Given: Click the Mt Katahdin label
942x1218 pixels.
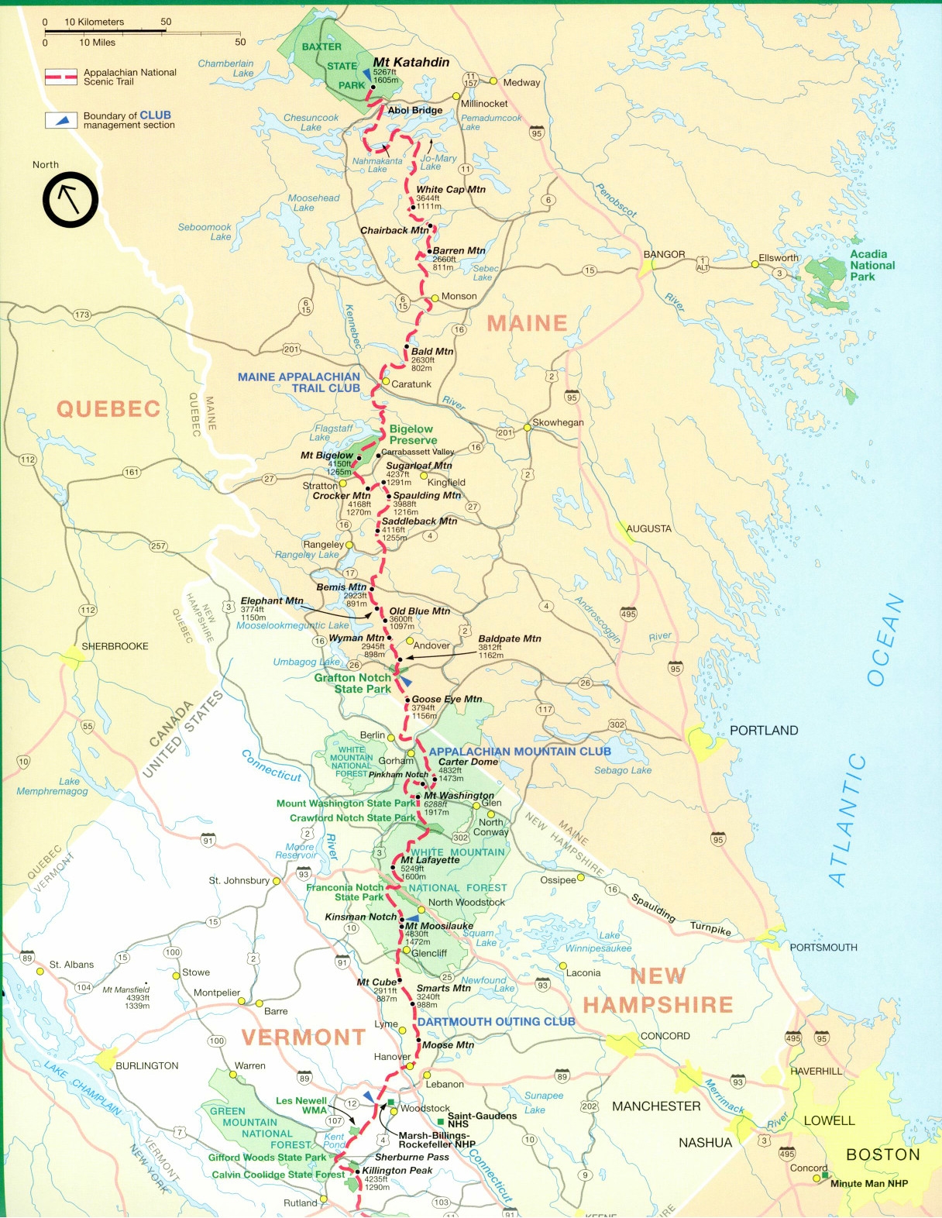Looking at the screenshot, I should pyautogui.click(x=411, y=63).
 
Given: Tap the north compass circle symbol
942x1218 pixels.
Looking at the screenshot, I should pyautogui.click(x=70, y=200).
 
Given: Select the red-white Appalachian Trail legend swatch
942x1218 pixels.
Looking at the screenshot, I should pyautogui.click(x=60, y=77).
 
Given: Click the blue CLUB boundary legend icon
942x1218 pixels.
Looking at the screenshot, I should pyautogui.click(x=60, y=120).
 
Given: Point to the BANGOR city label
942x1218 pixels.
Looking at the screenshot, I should pyautogui.click(x=664, y=254).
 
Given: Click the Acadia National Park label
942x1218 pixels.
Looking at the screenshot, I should pyautogui.click(x=872, y=265).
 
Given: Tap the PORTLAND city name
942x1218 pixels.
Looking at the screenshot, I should pyautogui.click(x=763, y=731).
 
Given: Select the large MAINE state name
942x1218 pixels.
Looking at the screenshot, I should pyautogui.click(x=527, y=323).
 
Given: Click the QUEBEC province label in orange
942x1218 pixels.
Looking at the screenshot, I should pyautogui.click(x=108, y=409).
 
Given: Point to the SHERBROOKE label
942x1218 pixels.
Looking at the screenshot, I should pyautogui.click(x=115, y=646).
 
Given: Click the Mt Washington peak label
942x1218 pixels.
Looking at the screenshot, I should pyautogui.click(x=459, y=796).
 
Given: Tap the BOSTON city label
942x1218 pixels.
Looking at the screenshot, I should pyautogui.click(x=882, y=1154).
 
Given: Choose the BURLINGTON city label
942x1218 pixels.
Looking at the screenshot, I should pyautogui.click(x=146, y=1066).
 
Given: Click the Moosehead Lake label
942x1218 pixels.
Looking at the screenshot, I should pyautogui.click(x=313, y=203).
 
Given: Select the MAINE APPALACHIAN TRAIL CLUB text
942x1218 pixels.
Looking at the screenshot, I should pyautogui.click(x=299, y=383).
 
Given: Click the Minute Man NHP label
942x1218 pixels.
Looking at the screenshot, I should pyautogui.click(x=868, y=1183).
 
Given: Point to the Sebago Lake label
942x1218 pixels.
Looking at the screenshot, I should pyautogui.click(x=622, y=770).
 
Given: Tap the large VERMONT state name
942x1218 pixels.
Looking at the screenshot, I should pyautogui.click(x=303, y=1037).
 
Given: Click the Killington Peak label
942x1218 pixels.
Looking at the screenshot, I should pyautogui.click(x=397, y=1171).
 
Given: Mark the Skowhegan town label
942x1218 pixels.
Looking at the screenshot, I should pyautogui.click(x=558, y=422).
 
